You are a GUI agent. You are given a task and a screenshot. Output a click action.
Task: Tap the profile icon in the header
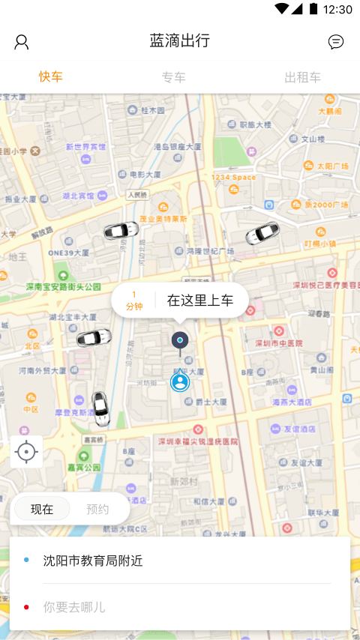click(22, 42)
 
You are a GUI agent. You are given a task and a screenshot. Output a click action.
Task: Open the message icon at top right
click(336, 42)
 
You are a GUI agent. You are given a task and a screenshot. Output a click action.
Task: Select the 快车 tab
click(51, 77)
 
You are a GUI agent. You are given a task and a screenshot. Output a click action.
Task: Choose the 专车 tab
click(173, 77)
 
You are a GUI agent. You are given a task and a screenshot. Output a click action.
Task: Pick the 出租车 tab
click(302, 77)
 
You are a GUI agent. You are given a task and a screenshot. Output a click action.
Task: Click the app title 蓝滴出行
click(179, 41)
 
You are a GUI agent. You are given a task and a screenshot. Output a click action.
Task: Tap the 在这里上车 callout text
click(199, 301)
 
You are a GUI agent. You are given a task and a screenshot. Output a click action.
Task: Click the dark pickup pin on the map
click(179, 341)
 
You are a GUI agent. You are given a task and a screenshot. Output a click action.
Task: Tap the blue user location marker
click(180, 382)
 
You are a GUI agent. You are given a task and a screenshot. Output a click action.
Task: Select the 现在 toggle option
click(42, 509)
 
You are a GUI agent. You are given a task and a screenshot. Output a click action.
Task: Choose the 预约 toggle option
click(97, 509)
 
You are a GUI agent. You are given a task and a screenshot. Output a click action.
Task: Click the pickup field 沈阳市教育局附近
click(93, 561)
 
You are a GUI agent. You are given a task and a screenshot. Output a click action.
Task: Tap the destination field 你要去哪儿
click(74, 607)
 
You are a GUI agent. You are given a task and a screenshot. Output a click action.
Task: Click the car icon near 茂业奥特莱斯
click(121, 230)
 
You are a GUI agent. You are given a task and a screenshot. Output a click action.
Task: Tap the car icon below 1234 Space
click(262, 233)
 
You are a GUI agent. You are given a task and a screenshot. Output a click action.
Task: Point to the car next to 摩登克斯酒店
click(100, 408)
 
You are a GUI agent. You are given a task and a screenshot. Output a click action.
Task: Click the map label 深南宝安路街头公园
click(64, 287)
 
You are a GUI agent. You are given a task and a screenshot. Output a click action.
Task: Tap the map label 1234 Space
click(233, 178)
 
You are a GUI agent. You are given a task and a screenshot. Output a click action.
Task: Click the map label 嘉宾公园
click(84, 467)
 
